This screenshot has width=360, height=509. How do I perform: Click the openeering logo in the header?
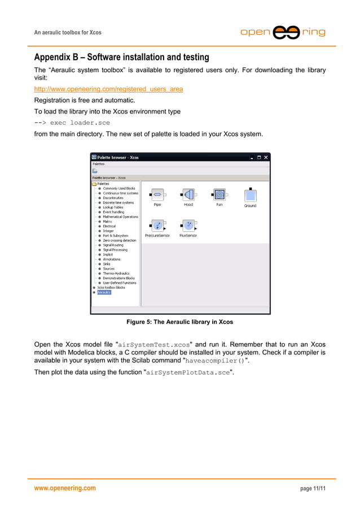[283, 32]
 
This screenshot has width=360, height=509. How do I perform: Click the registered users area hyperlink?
[108, 89]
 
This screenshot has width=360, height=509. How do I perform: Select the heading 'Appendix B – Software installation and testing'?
[121, 58]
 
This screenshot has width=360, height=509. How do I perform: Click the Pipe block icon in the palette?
[157, 195]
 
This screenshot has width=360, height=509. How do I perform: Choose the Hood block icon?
[188, 195]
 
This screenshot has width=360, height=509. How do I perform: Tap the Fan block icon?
[219, 195]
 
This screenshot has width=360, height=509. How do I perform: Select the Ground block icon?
[250, 195]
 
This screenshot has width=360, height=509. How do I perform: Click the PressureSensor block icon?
[157, 226]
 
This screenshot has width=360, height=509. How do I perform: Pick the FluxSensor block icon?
[188, 226]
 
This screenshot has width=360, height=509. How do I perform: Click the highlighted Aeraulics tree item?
[104, 292]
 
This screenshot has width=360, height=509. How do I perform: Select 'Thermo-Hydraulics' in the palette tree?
[116, 273]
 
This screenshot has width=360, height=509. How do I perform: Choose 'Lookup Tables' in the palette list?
[113, 207]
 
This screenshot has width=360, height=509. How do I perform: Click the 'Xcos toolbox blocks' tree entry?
[111, 287]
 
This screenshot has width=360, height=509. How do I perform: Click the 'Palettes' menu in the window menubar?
[99, 164]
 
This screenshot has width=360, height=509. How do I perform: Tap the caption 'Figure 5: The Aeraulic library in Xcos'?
[179, 322]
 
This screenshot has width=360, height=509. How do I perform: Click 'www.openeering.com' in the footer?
[65, 488]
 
